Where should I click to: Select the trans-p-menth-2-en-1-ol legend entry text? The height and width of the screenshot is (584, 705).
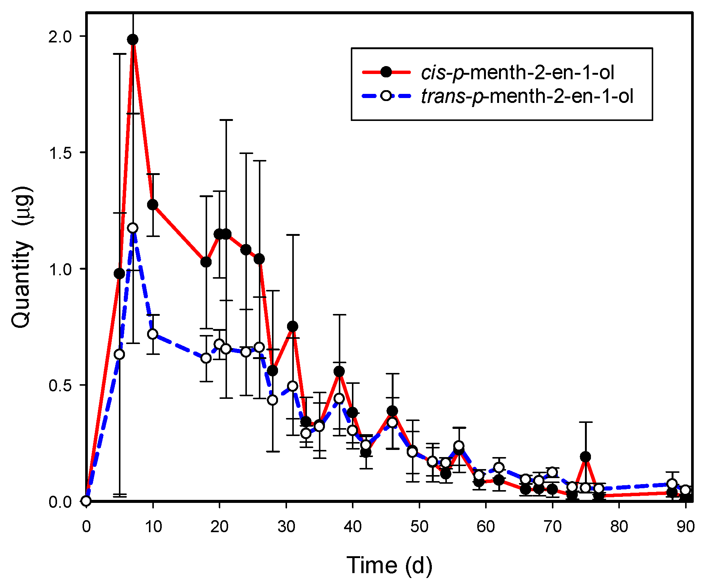(527, 96)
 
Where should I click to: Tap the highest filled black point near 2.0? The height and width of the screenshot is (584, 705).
(132, 39)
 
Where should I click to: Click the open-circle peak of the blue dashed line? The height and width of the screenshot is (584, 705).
(132, 228)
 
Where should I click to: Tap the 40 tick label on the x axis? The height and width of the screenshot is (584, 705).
(352, 527)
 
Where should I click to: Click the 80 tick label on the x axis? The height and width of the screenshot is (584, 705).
(619, 527)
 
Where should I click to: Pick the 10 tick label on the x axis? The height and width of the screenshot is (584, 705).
(153, 527)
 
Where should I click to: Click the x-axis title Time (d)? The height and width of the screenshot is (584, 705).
(389, 565)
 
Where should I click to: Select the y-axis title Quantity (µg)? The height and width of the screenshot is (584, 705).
(21, 257)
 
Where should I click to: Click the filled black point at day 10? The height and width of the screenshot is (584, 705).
(152, 205)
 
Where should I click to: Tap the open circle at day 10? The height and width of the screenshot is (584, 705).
(152, 334)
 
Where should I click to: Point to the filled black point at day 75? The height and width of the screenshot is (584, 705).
(585, 457)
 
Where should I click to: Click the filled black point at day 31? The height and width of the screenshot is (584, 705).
(293, 326)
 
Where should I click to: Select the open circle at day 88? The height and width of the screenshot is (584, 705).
(672, 484)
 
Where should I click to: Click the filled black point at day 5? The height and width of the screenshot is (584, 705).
(119, 273)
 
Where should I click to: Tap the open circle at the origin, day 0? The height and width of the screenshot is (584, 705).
(86, 501)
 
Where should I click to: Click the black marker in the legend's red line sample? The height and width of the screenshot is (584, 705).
(386, 72)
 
